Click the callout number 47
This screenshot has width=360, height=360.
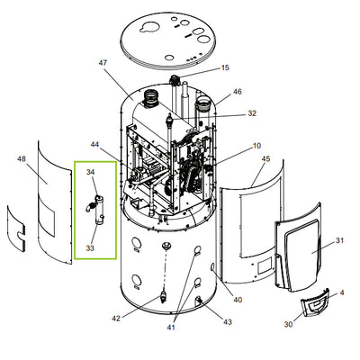[x=103, y=63]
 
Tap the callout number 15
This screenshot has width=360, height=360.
[x=225, y=67]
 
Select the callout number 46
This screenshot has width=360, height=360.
[x=238, y=92]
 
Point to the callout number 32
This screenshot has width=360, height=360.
[x=252, y=113]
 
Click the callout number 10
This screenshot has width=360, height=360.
[x=257, y=146]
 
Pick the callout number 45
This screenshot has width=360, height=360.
[x=265, y=158]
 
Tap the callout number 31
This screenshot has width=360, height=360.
[x=339, y=240]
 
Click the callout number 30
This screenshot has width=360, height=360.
[x=288, y=324]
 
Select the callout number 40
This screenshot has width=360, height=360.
[x=238, y=300]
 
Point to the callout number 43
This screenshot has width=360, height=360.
[x=228, y=322]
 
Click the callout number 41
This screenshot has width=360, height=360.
[x=171, y=328]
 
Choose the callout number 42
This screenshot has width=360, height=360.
[x=116, y=319]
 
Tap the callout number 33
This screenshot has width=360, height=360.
[x=90, y=248]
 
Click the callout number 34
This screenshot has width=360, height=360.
[x=91, y=172]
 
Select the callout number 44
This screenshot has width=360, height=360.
[x=94, y=145]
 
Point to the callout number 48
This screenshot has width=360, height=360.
[x=22, y=158]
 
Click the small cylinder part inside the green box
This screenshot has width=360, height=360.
[x=99, y=210]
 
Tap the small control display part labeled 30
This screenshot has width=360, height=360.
[x=315, y=302]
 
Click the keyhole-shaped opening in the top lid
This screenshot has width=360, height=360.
[x=149, y=27]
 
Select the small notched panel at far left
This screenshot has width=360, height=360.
[x=16, y=229]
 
